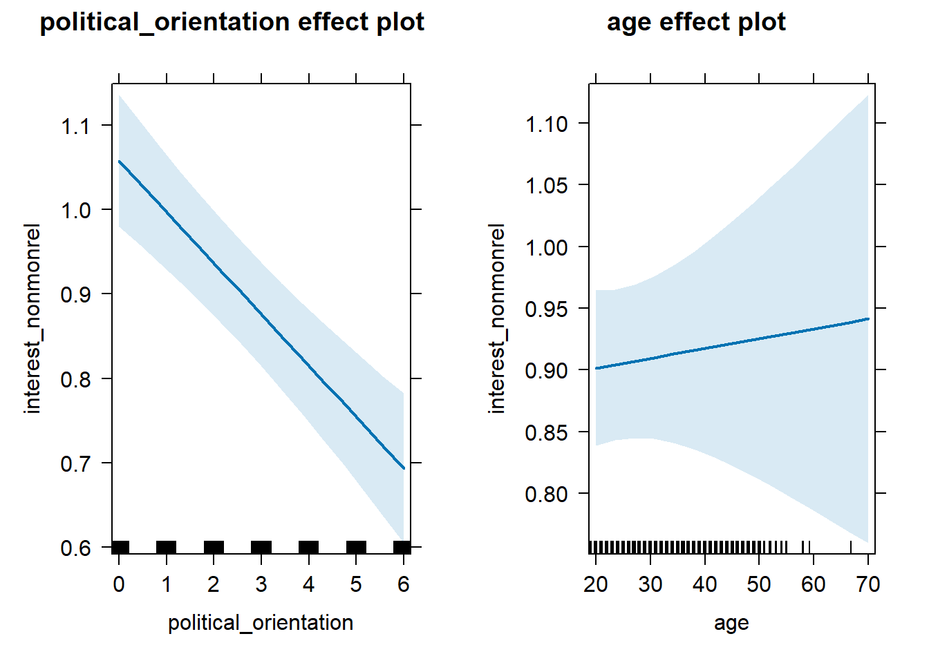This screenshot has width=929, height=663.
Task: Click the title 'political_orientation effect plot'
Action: (x=232, y=22)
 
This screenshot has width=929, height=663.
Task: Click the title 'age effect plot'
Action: (x=696, y=22)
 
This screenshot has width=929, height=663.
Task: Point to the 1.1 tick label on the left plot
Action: (x=75, y=126)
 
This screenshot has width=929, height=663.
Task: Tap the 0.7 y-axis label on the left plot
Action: (x=75, y=463)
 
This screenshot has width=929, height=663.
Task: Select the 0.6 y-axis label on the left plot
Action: (x=75, y=548)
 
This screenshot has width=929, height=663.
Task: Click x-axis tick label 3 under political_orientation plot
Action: (x=261, y=584)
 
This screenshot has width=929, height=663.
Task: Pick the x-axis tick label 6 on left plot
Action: (x=404, y=584)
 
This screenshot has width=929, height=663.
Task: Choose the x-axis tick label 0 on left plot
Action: (x=119, y=584)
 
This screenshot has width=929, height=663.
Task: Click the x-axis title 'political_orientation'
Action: (x=261, y=623)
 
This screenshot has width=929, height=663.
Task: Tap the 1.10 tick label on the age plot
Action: (x=547, y=124)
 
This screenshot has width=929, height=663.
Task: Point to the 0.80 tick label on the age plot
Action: (x=547, y=494)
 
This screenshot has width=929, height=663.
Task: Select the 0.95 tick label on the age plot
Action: (x=547, y=309)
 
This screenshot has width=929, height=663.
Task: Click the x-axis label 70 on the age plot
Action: (x=867, y=584)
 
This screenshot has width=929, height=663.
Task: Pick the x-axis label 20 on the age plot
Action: (x=596, y=584)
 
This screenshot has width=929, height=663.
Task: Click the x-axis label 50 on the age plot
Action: (x=759, y=584)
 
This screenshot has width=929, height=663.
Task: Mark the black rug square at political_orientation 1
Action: (x=167, y=548)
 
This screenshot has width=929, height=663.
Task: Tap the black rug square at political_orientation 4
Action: (x=308, y=548)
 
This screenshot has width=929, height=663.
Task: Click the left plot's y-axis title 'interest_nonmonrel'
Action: (x=32, y=318)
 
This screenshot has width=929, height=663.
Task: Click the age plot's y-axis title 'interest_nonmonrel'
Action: (x=496, y=318)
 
